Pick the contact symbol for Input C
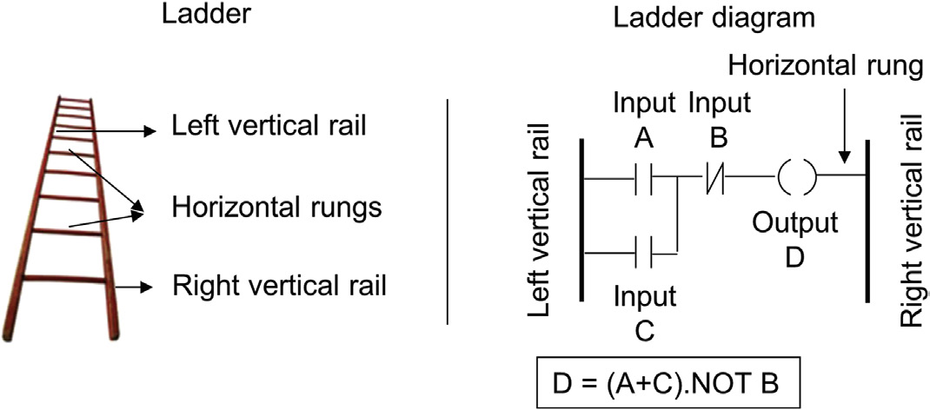644,254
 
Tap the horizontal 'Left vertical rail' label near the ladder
268,128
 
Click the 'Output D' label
794,239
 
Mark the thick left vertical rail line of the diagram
580,217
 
